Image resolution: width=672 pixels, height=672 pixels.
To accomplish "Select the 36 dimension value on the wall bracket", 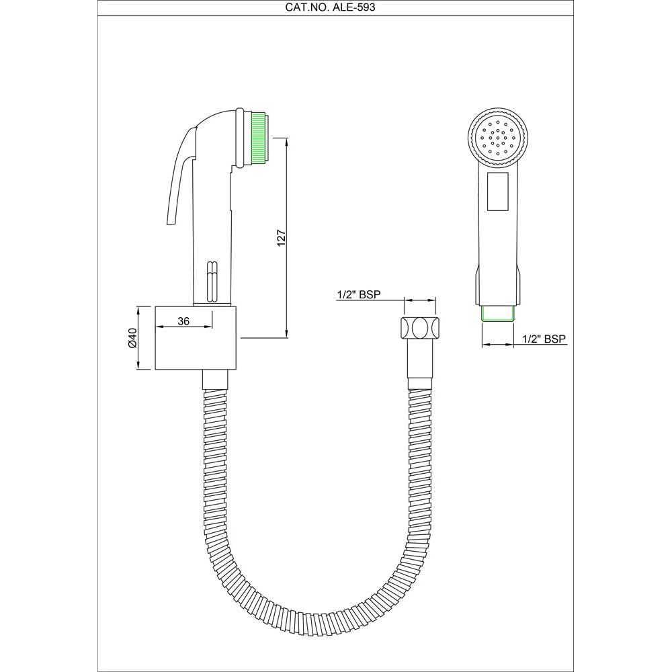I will [x=183, y=322].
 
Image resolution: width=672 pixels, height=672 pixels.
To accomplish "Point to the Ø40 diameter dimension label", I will [x=132, y=337].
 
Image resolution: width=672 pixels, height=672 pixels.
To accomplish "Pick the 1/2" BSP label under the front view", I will [x=544, y=339].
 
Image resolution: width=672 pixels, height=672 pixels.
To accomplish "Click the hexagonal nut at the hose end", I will [x=418, y=328].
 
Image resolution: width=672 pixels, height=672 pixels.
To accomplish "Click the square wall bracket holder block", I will [x=196, y=338].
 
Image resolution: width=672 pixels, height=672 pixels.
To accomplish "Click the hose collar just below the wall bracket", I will [x=216, y=378].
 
